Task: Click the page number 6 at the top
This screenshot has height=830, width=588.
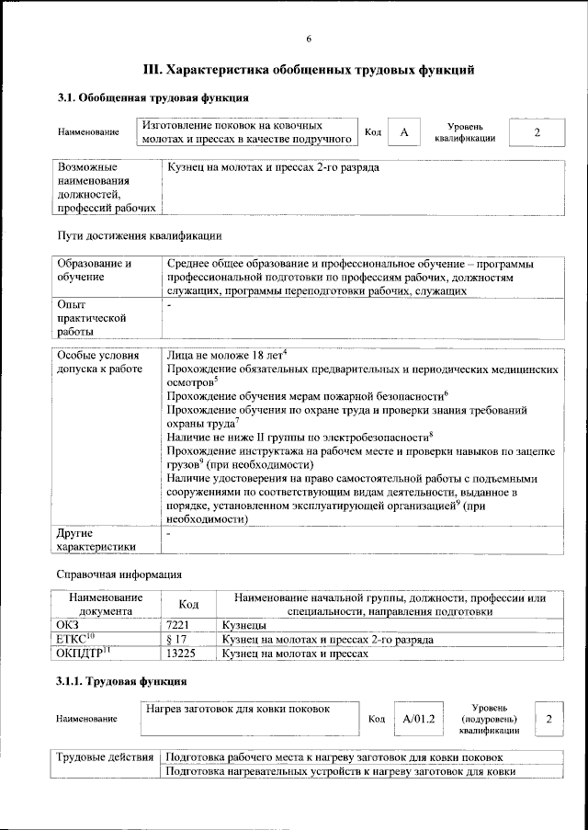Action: click(309, 38)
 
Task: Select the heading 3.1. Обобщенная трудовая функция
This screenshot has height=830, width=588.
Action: click(153, 97)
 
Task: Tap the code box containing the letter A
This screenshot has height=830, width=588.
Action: click(402, 133)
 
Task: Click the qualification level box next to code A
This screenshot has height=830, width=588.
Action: click(537, 133)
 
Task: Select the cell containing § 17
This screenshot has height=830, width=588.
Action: click(187, 639)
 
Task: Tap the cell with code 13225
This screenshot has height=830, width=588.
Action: click(187, 654)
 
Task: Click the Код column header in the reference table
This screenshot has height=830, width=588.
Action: click(187, 604)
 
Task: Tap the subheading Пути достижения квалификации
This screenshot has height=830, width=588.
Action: click(139, 235)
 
